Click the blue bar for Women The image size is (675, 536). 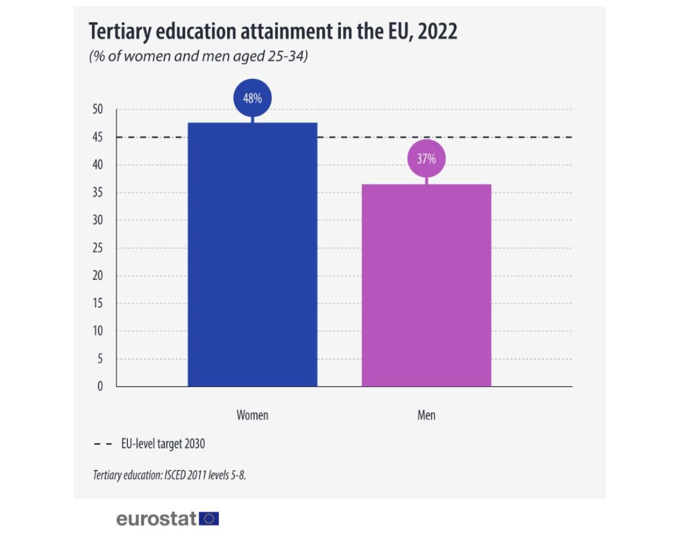pos(253,254)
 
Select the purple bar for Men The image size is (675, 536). pos(426,285)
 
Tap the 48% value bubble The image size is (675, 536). pos(253,99)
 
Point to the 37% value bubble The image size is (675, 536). pos(426,159)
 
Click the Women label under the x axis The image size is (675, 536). pos(253,415)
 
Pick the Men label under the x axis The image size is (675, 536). pos(426,415)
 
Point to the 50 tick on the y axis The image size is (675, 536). pos(98,109)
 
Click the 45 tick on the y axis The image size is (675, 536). pos(98,137)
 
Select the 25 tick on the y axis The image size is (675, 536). pos(98,248)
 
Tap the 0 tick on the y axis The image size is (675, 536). pos(100,386)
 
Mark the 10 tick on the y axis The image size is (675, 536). pos(98,331)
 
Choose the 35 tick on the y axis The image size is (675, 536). pos(98,193)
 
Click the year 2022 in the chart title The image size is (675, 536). pos(437,32)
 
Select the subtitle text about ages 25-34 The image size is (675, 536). pos(198,56)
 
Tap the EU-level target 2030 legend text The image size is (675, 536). pos(163,443)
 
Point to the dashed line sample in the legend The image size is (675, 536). pos(103,444)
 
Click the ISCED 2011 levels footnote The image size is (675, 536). pos(169,475)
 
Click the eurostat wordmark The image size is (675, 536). pos(156,519)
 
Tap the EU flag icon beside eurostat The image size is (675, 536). pos(209,519)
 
